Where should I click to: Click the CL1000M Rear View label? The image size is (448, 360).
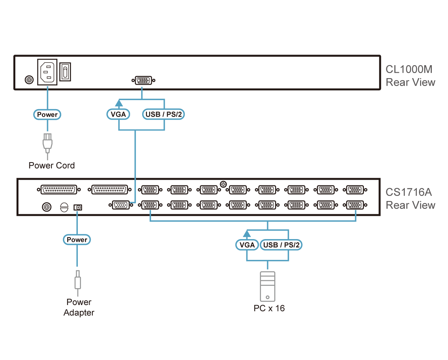pos(410,76)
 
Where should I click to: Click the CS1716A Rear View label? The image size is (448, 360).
pos(410,199)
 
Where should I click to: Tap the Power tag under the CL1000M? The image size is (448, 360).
pos(47,115)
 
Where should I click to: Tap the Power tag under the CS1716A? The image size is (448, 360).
pos(77,239)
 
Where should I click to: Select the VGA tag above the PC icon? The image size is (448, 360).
pos(247,245)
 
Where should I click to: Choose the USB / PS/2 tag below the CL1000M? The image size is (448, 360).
pos(163,115)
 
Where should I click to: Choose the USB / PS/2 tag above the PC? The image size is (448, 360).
pos(281,245)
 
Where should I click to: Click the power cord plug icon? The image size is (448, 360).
pos(47,143)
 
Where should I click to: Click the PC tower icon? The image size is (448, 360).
pos(268,287)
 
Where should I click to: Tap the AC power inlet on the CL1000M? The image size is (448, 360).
pos(47,72)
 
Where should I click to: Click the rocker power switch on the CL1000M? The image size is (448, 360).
pos(65,72)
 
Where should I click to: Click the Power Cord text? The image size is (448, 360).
pos(51,165)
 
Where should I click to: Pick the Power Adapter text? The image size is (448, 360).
pos(79,307)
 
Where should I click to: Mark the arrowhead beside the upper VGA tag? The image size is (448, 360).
pos(120,103)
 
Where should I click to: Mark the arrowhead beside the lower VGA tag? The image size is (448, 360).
pos(247,234)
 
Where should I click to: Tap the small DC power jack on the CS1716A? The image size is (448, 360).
pos(77,207)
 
